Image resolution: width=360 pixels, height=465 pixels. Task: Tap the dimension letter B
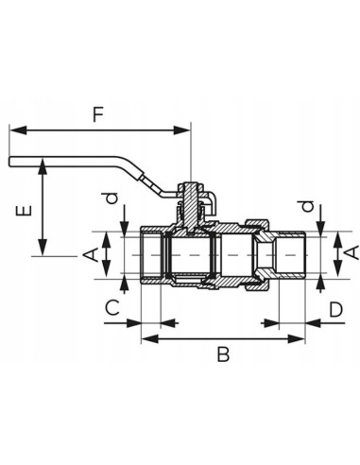click(x=223, y=355)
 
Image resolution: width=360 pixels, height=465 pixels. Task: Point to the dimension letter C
click(x=111, y=309)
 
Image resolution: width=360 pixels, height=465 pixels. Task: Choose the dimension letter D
click(x=334, y=309)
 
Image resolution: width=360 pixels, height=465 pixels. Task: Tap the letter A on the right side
click(x=350, y=251)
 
